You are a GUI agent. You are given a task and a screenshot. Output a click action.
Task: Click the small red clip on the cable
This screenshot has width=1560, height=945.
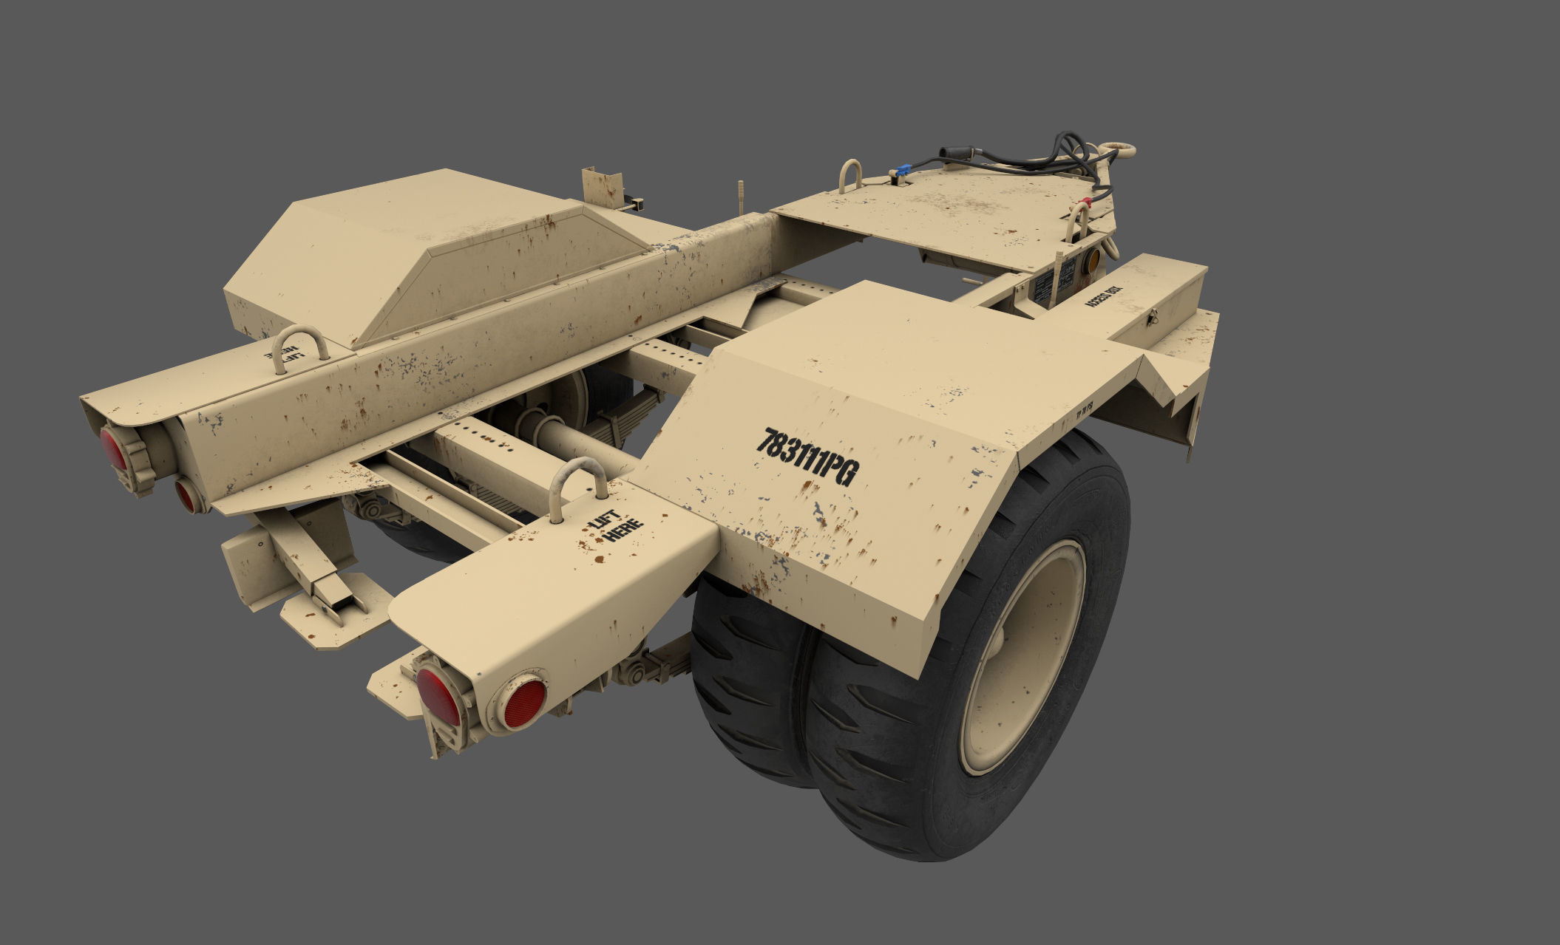point(1087,200)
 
